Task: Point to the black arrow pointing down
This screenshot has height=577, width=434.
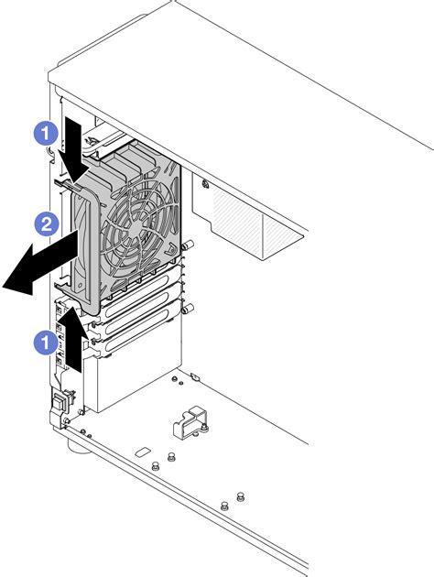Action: [x=75, y=146]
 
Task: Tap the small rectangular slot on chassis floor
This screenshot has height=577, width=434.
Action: [x=142, y=452]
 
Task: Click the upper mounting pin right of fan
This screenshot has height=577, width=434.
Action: [x=190, y=245]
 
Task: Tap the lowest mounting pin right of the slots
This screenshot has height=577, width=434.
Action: [x=190, y=308]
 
